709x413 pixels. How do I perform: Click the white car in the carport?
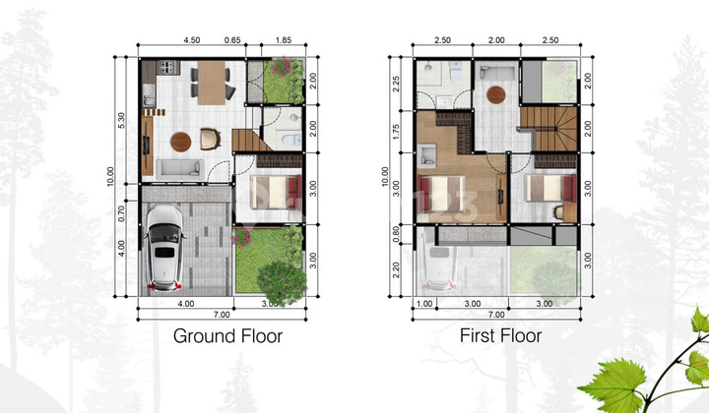point(162,251)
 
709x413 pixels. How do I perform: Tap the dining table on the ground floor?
point(210,82)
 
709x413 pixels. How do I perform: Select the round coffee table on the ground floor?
point(181,141)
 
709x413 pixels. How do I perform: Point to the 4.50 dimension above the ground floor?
point(192,41)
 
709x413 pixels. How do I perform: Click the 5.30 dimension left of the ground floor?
point(121,119)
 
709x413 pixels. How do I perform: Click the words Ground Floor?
point(227,336)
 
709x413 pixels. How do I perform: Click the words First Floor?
point(500,336)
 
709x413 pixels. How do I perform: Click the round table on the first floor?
point(497,94)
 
